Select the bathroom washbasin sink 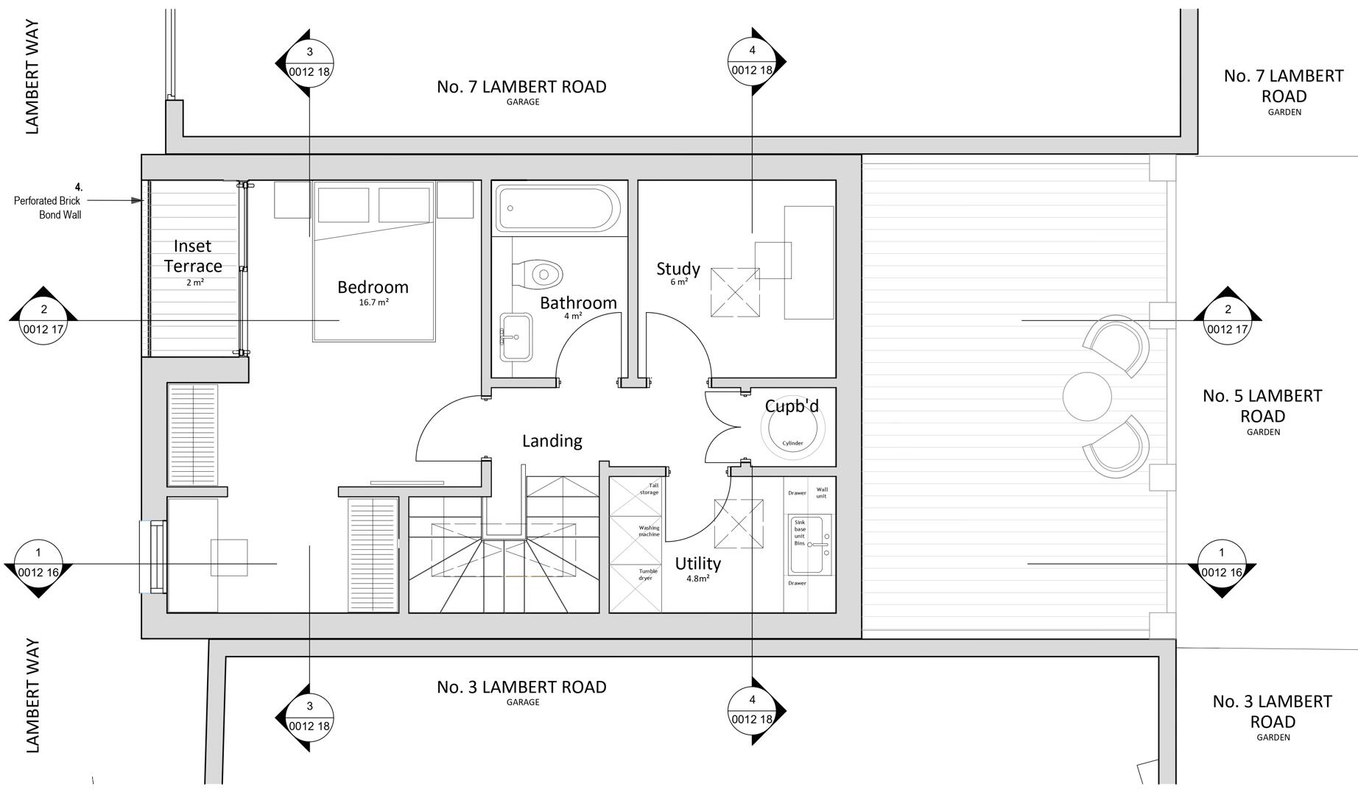[516, 336]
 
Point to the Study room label [678, 269]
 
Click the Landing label [552, 441]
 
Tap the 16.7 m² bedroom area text [373, 303]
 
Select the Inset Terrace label [193, 256]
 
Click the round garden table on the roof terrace [1087, 396]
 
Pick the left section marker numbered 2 [43, 319]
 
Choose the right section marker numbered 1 [1222, 563]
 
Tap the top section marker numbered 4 [752, 61]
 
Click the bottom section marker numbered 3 [309, 716]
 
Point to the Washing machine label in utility [649, 531]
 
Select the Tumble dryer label [647, 574]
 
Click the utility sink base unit [809, 545]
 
